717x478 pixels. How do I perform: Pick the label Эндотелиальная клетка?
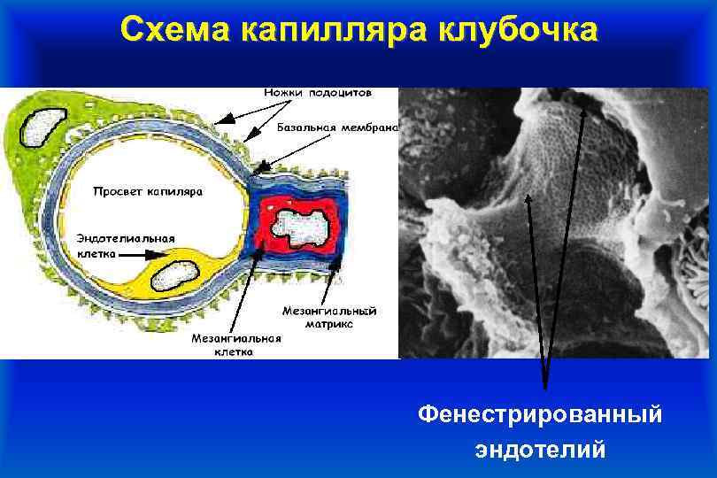pos(125,244)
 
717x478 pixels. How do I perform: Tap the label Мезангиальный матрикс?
pos(329,318)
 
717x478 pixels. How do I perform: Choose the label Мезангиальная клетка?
pos(236,344)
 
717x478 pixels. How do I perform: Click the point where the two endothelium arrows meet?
pos(544,387)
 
